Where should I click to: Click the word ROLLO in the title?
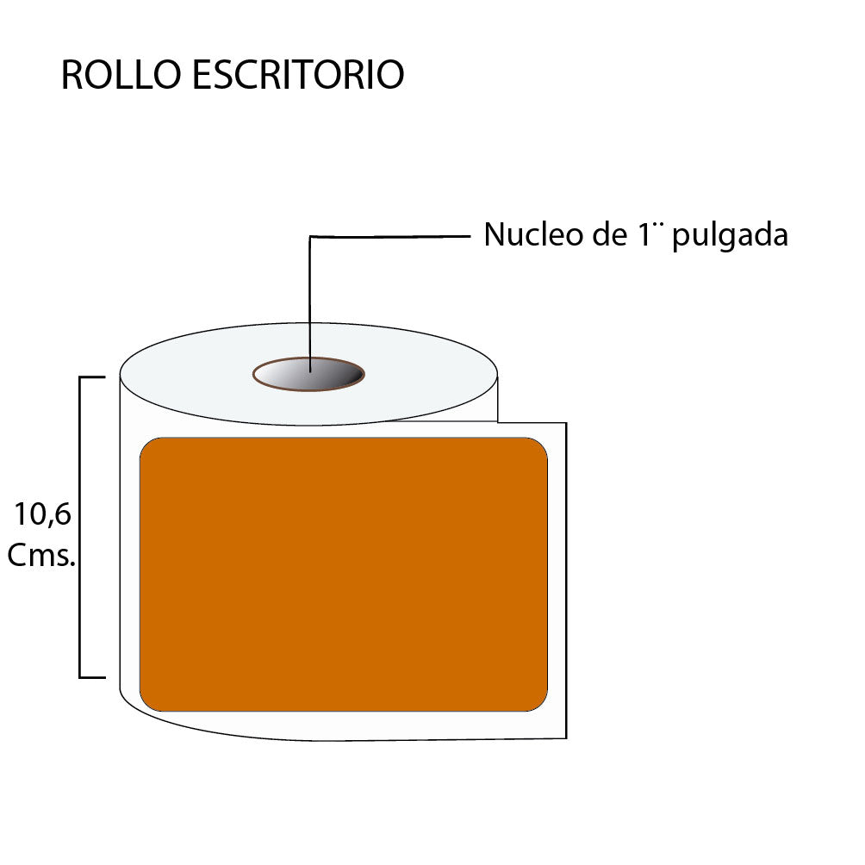[x=120, y=76]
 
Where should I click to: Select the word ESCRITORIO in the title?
[x=297, y=76]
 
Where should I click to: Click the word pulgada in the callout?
[x=730, y=237]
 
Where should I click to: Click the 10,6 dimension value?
[x=42, y=515]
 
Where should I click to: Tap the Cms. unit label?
[x=41, y=556]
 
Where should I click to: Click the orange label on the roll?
[x=344, y=575]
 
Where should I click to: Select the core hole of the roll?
[x=308, y=375]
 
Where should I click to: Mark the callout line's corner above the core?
[x=310, y=236]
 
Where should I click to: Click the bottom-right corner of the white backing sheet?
[x=565, y=737]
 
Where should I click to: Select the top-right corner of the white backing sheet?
[x=565, y=423]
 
